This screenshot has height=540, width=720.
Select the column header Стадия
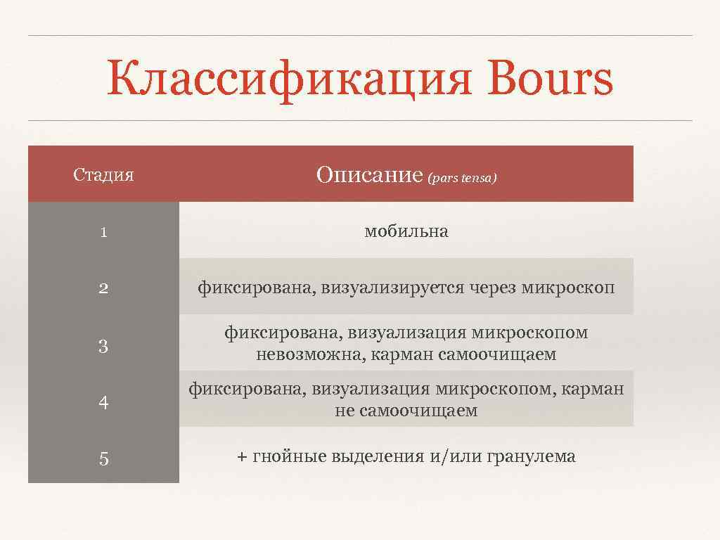coord(103,175)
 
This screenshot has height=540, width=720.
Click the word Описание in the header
coord(369,174)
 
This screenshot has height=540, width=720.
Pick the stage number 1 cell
coord(103,232)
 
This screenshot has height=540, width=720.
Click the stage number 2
coord(103,288)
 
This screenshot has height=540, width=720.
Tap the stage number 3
coord(103,346)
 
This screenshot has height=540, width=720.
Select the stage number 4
coord(103,403)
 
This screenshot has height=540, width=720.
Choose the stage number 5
coord(103,459)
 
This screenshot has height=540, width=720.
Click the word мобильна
coord(406,231)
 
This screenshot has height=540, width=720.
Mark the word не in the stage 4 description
coord(345,411)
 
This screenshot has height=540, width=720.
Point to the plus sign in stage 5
coord(242,457)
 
